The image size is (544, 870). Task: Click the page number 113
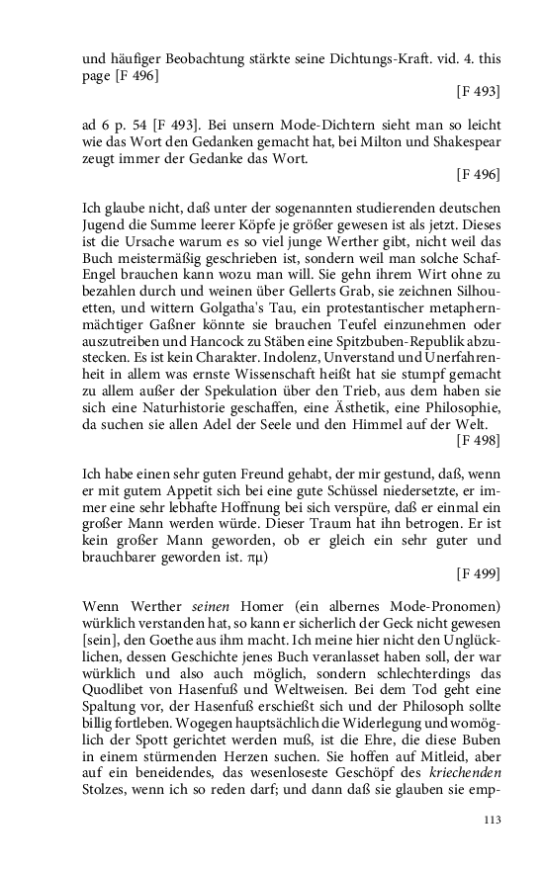492,820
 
